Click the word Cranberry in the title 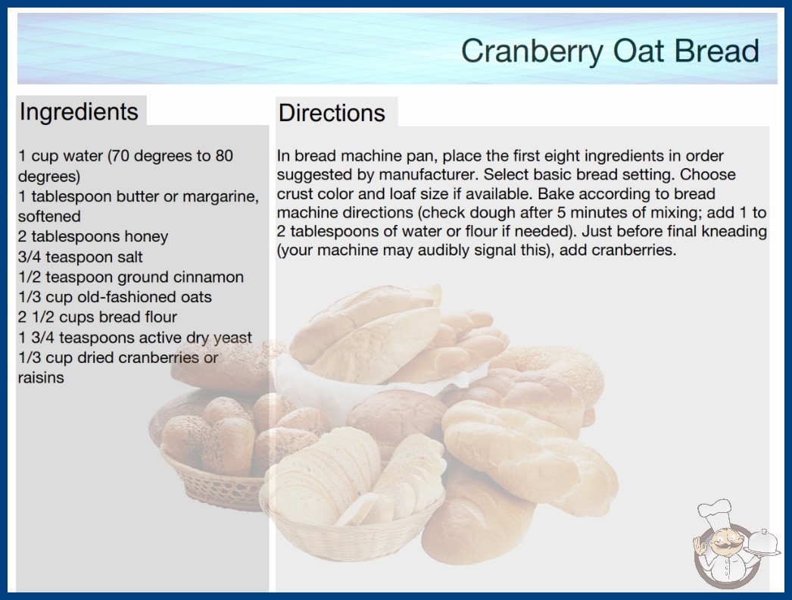pos(532,52)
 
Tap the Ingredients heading pos(79,112)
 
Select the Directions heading pos(332,113)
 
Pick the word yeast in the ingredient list pos(232,338)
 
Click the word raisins pos(41,377)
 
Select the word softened pos(49,217)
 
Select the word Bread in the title pos(717,51)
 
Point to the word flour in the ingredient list pos(160,317)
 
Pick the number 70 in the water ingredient pos(120,156)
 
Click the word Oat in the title pos(638,51)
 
